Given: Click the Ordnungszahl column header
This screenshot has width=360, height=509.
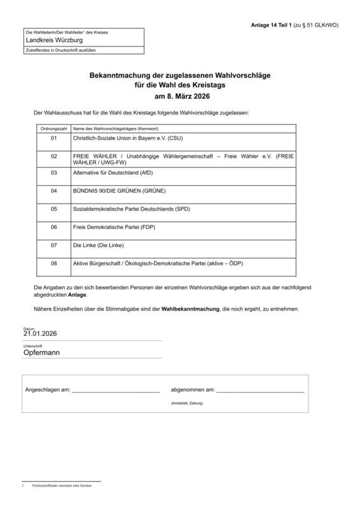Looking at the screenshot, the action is click(x=53, y=129).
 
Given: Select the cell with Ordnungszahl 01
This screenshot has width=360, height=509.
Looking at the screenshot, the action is click(x=53, y=137).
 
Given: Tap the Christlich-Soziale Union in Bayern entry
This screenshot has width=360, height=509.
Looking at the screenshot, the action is click(x=128, y=137).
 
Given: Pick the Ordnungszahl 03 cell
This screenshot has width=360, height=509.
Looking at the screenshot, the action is click(x=53, y=172).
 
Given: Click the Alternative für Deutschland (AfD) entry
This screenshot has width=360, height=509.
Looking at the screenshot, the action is click(x=113, y=172).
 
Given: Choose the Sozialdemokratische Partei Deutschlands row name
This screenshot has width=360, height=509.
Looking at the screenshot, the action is click(x=132, y=209).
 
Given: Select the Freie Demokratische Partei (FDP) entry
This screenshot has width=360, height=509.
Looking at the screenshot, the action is click(x=114, y=227).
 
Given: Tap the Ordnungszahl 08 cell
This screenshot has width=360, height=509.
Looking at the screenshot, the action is click(x=53, y=263).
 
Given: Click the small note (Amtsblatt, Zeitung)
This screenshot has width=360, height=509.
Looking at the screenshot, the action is click(x=187, y=403).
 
